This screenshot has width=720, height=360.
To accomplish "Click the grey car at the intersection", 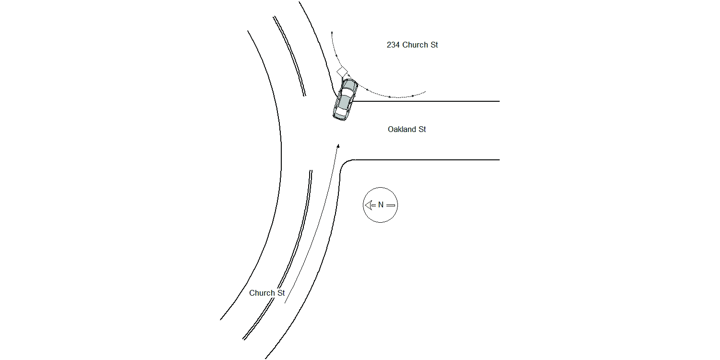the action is pyautogui.click(x=345, y=99).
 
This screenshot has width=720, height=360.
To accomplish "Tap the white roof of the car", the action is pyautogui.click(x=344, y=101).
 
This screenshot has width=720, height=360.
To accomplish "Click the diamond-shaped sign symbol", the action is pyautogui.click(x=342, y=72).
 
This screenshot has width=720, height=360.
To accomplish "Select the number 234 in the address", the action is pyautogui.click(x=393, y=45).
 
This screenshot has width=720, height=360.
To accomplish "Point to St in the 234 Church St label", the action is pyautogui.click(x=434, y=45).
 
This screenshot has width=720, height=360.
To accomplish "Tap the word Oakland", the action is pyautogui.click(x=402, y=129).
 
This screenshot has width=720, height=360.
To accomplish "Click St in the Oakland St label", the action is pyautogui.click(x=422, y=129).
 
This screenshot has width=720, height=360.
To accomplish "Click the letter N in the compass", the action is pyautogui.click(x=381, y=205).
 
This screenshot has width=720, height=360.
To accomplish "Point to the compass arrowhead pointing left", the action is pyautogui.click(x=368, y=205).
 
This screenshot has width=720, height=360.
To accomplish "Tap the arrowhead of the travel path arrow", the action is pyautogui.click(x=338, y=146).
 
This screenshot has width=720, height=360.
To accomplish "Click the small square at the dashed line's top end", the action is pyautogui.click(x=332, y=33).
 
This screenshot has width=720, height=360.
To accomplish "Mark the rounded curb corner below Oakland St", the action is pyautogui.click(x=344, y=164).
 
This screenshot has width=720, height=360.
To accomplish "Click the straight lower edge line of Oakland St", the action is pyautogui.click(x=427, y=160).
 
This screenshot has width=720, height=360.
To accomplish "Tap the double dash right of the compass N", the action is pyautogui.click(x=391, y=205).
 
